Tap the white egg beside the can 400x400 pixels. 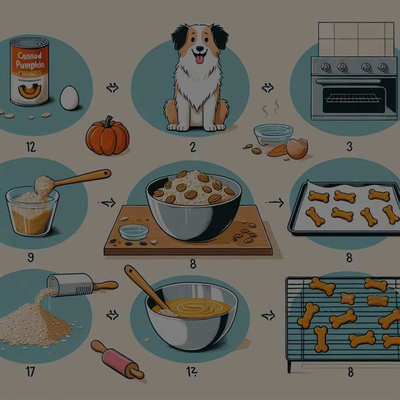[69, 98]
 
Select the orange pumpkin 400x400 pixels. [107, 136]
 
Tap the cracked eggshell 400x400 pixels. [297, 148]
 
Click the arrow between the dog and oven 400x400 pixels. [267, 87]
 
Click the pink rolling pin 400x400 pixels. [117, 360]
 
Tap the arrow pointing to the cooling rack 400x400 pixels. [269, 313]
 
